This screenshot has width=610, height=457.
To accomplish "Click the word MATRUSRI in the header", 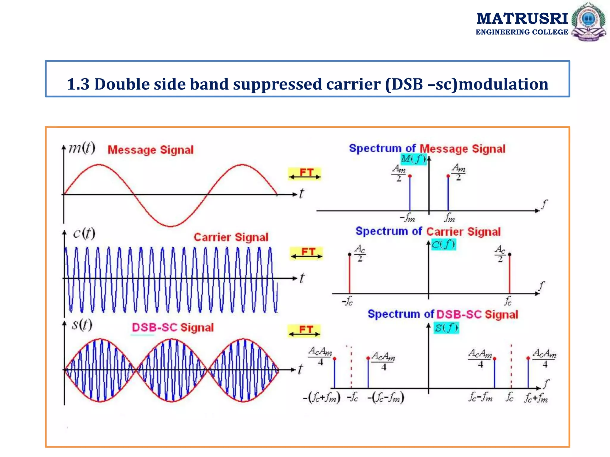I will point(522,18).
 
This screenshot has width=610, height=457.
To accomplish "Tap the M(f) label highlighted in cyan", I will point(413,159).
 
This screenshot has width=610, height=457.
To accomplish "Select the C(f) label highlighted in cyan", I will point(443,245).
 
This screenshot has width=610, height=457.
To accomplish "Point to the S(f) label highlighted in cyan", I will point(446,328).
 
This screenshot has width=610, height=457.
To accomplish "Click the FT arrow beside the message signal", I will point(305,174).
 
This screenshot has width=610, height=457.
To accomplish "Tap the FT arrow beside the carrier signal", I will point(306,253).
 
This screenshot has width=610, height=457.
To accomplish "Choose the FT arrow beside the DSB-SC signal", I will point(304,331).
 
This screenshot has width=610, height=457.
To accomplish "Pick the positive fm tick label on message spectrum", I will point(449,218).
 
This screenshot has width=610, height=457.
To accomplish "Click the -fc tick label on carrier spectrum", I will point(347,302).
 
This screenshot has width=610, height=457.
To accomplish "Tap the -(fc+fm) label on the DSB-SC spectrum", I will point(322,398).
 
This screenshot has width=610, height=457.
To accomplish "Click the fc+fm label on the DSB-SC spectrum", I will point(536,398).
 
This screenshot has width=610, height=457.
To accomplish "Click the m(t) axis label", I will point(82,148).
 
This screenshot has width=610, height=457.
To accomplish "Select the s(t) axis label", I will point(82,325).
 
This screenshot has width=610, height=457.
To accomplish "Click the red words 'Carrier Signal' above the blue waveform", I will point(231,237).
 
